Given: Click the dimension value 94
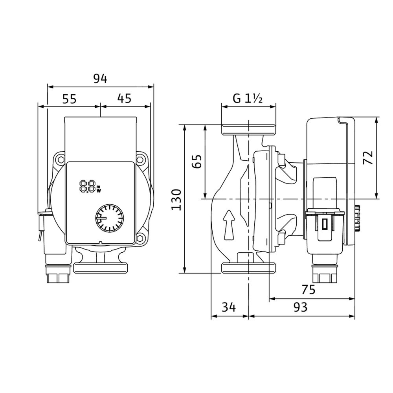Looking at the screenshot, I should pos(100,79).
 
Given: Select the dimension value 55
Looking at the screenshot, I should pos(69,99).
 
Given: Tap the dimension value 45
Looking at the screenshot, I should pos(124,99).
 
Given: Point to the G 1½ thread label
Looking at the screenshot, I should pos(248,99).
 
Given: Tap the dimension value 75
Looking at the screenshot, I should pos(309,290).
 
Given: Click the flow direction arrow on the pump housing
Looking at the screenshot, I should pos(228,224).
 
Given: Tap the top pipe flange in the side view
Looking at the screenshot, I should pos(248,130).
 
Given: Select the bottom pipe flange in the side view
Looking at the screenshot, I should pos(248,268).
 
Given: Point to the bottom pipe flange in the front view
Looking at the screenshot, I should pos(101,268).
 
